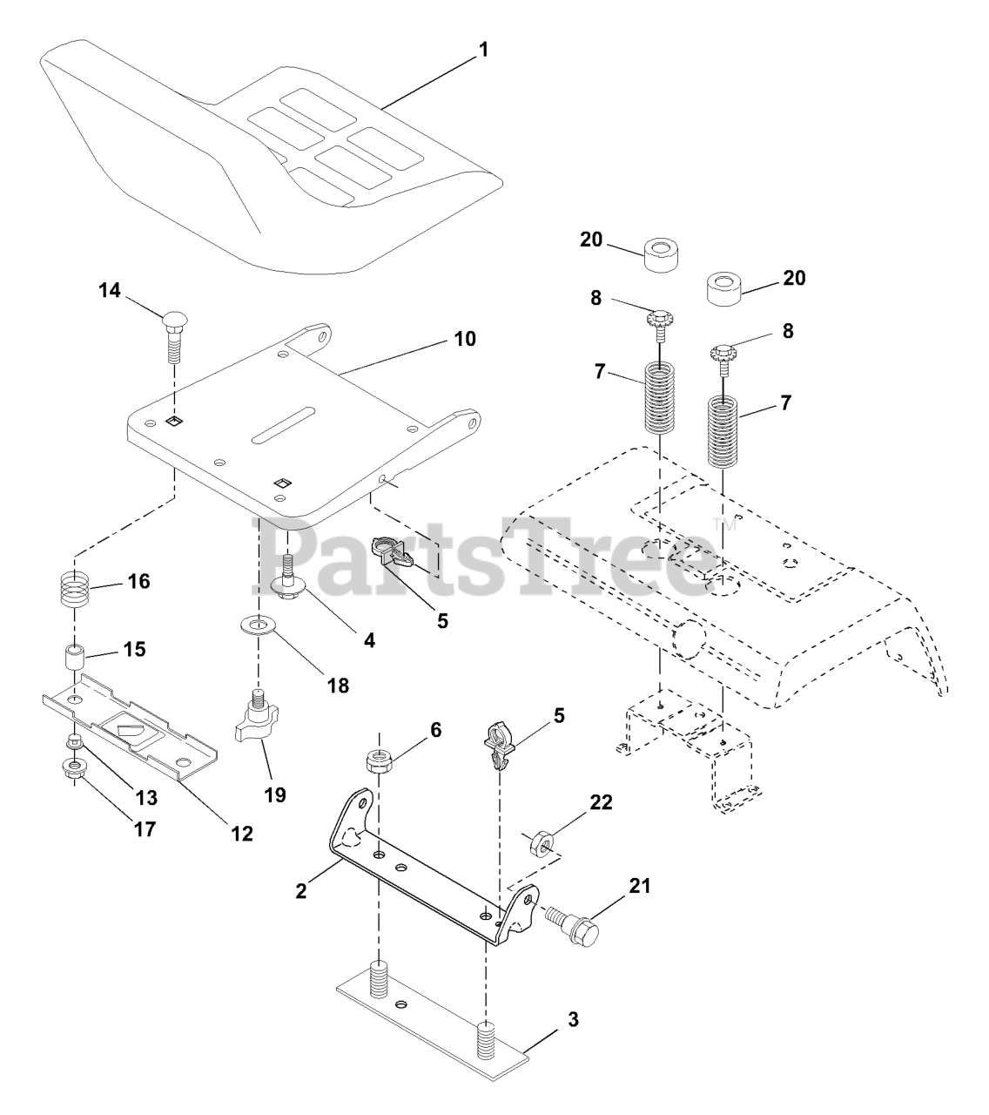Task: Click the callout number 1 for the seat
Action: [x=482, y=50]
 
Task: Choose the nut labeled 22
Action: [x=540, y=843]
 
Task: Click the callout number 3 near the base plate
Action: [x=572, y=1018]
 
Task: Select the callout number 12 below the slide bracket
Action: [x=242, y=833]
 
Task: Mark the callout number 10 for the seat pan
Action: [x=465, y=338]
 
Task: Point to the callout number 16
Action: [x=138, y=581]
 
